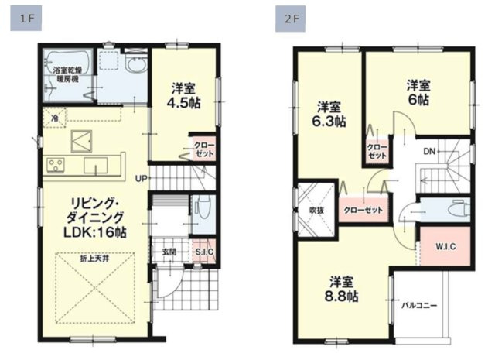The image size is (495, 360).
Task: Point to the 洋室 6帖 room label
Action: [x=418, y=91]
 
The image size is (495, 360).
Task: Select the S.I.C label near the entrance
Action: [x=204, y=252]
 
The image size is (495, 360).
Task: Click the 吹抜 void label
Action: [x=316, y=210]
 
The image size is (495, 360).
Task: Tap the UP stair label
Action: [x=141, y=178]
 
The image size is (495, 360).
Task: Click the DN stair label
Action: [x=428, y=151]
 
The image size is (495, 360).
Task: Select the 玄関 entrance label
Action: [x=169, y=251]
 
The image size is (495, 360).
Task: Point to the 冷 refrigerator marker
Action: [x=54, y=118]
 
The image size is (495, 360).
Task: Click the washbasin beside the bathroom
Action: [x=136, y=66]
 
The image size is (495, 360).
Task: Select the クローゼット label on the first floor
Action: [x=203, y=150]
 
